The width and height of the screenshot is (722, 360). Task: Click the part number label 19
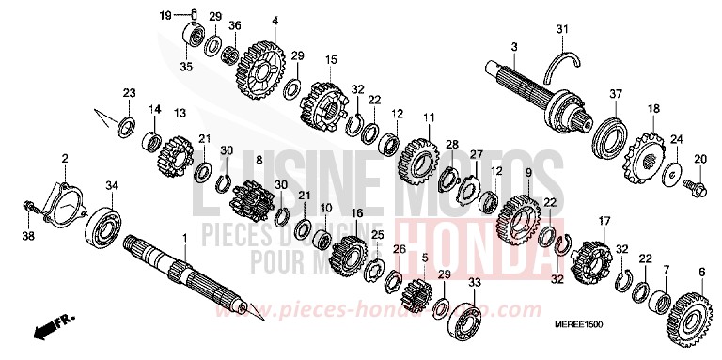[165, 15]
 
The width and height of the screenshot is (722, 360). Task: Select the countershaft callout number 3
[513, 47]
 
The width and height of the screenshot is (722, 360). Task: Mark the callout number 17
[591, 220]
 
